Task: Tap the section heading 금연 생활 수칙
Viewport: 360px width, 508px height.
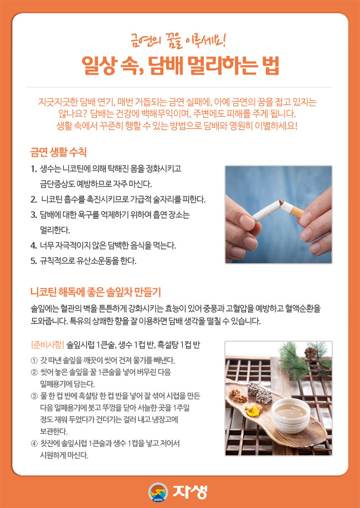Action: pyautogui.click(x=58, y=151)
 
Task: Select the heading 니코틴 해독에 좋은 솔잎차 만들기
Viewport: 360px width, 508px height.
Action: pyautogui.click(x=95, y=291)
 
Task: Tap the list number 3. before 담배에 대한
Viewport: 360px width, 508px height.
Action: pyautogui.click(x=34, y=214)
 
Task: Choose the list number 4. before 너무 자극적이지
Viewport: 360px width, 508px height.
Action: pyautogui.click(x=34, y=245)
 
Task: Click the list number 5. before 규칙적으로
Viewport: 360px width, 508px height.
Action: pyautogui.click(x=34, y=260)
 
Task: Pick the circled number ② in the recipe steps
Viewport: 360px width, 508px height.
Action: pyautogui.click(x=34, y=372)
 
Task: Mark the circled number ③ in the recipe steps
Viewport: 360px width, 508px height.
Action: pyautogui.click(x=34, y=396)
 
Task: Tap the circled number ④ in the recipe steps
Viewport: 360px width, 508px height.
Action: pyautogui.click(x=34, y=444)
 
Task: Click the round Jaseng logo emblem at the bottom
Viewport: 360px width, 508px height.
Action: pyautogui.click(x=158, y=492)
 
